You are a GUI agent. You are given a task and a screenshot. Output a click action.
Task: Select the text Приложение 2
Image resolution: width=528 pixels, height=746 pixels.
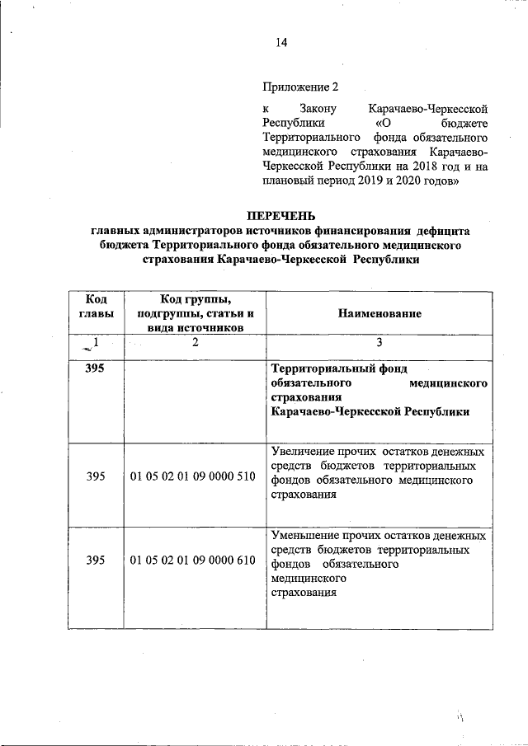[x=300, y=87]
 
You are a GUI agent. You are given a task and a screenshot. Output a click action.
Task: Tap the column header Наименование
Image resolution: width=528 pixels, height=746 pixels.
[x=379, y=313]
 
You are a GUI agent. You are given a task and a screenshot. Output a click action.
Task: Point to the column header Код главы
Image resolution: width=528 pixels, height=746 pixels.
[x=96, y=306]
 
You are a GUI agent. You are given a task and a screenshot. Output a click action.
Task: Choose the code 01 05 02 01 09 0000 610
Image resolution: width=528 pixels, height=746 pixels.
[x=193, y=560]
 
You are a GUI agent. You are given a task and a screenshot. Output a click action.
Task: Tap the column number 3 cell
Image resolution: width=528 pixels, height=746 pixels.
[x=379, y=343]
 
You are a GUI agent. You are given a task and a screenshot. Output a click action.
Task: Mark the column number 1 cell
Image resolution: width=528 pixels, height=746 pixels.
[x=96, y=342]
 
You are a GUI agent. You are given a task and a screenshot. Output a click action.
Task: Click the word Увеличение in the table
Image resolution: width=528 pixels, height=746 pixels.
[x=301, y=452]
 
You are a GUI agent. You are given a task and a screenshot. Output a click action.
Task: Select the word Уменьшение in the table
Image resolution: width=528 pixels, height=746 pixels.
[x=303, y=537]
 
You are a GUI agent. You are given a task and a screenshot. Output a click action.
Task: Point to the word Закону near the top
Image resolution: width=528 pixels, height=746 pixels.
[x=315, y=108]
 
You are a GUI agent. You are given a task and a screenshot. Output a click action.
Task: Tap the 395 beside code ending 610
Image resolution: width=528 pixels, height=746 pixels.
[x=96, y=560]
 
